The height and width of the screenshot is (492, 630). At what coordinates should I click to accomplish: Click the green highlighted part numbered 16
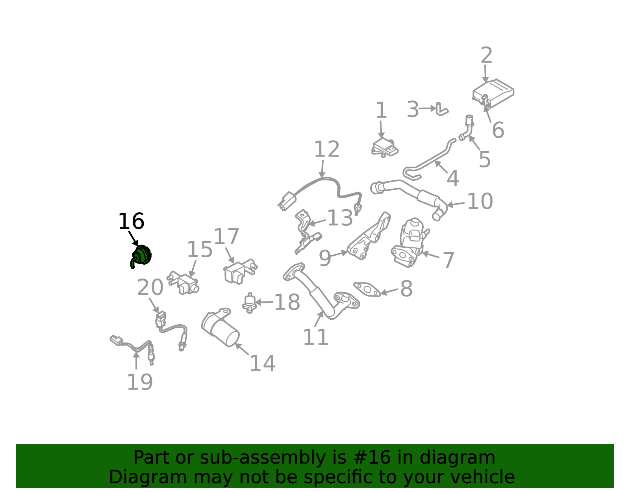tap(141, 255)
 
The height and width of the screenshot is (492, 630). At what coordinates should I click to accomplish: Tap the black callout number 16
tap(131, 221)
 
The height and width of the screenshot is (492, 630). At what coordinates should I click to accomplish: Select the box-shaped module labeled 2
tap(493, 93)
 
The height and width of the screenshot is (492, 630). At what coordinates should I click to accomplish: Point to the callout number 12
tap(327, 149)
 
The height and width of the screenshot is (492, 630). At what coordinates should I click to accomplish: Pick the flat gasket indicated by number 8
tap(367, 290)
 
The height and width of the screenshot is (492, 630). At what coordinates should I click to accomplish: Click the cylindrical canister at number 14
tap(220, 328)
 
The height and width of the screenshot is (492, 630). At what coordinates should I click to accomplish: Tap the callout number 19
tap(140, 382)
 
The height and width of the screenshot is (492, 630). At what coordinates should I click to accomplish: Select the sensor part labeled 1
tap(385, 148)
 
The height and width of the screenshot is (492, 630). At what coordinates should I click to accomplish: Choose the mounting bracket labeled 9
tap(369, 236)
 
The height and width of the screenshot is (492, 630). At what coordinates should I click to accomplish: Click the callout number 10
tap(480, 201)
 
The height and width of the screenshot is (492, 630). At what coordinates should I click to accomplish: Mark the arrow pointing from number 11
tap(319, 319)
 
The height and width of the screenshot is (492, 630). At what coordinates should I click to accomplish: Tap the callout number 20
tap(150, 288)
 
